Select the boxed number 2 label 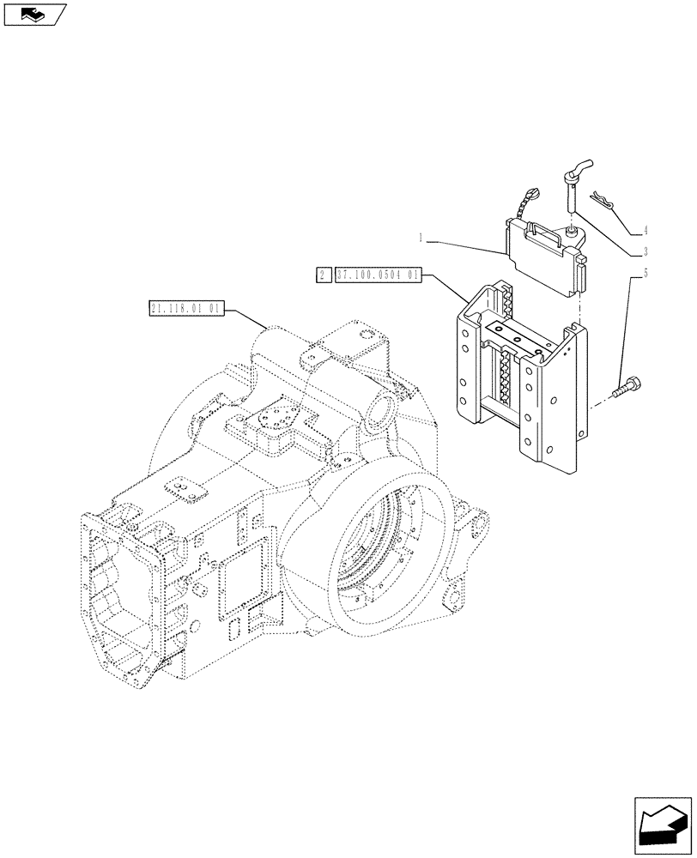[323, 275]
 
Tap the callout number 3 [644, 252]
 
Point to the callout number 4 [644, 231]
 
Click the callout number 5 [644, 275]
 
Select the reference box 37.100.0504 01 [377, 275]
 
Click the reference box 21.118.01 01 [185, 307]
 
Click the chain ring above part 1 [528, 200]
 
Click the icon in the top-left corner [34, 14]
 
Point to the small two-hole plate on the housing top [184, 489]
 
